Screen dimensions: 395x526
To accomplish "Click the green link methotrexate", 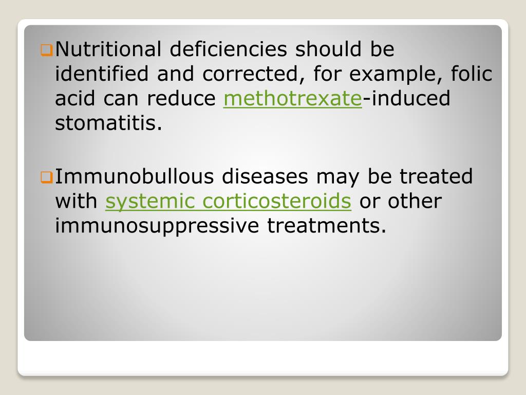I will (x=293, y=99).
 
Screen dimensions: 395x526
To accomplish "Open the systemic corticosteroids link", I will (x=228, y=202).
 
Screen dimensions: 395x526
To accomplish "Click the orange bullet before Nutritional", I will (x=46, y=50).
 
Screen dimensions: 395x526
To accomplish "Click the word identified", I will (x=102, y=74).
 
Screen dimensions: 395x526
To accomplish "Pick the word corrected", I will (x=250, y=74).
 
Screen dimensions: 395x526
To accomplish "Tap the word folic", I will (x=471, y=74).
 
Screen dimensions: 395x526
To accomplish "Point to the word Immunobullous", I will (x=134, y=177).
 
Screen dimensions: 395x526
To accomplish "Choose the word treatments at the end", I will (x=326, y=226).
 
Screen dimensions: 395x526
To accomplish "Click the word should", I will (x=328, y=49).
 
